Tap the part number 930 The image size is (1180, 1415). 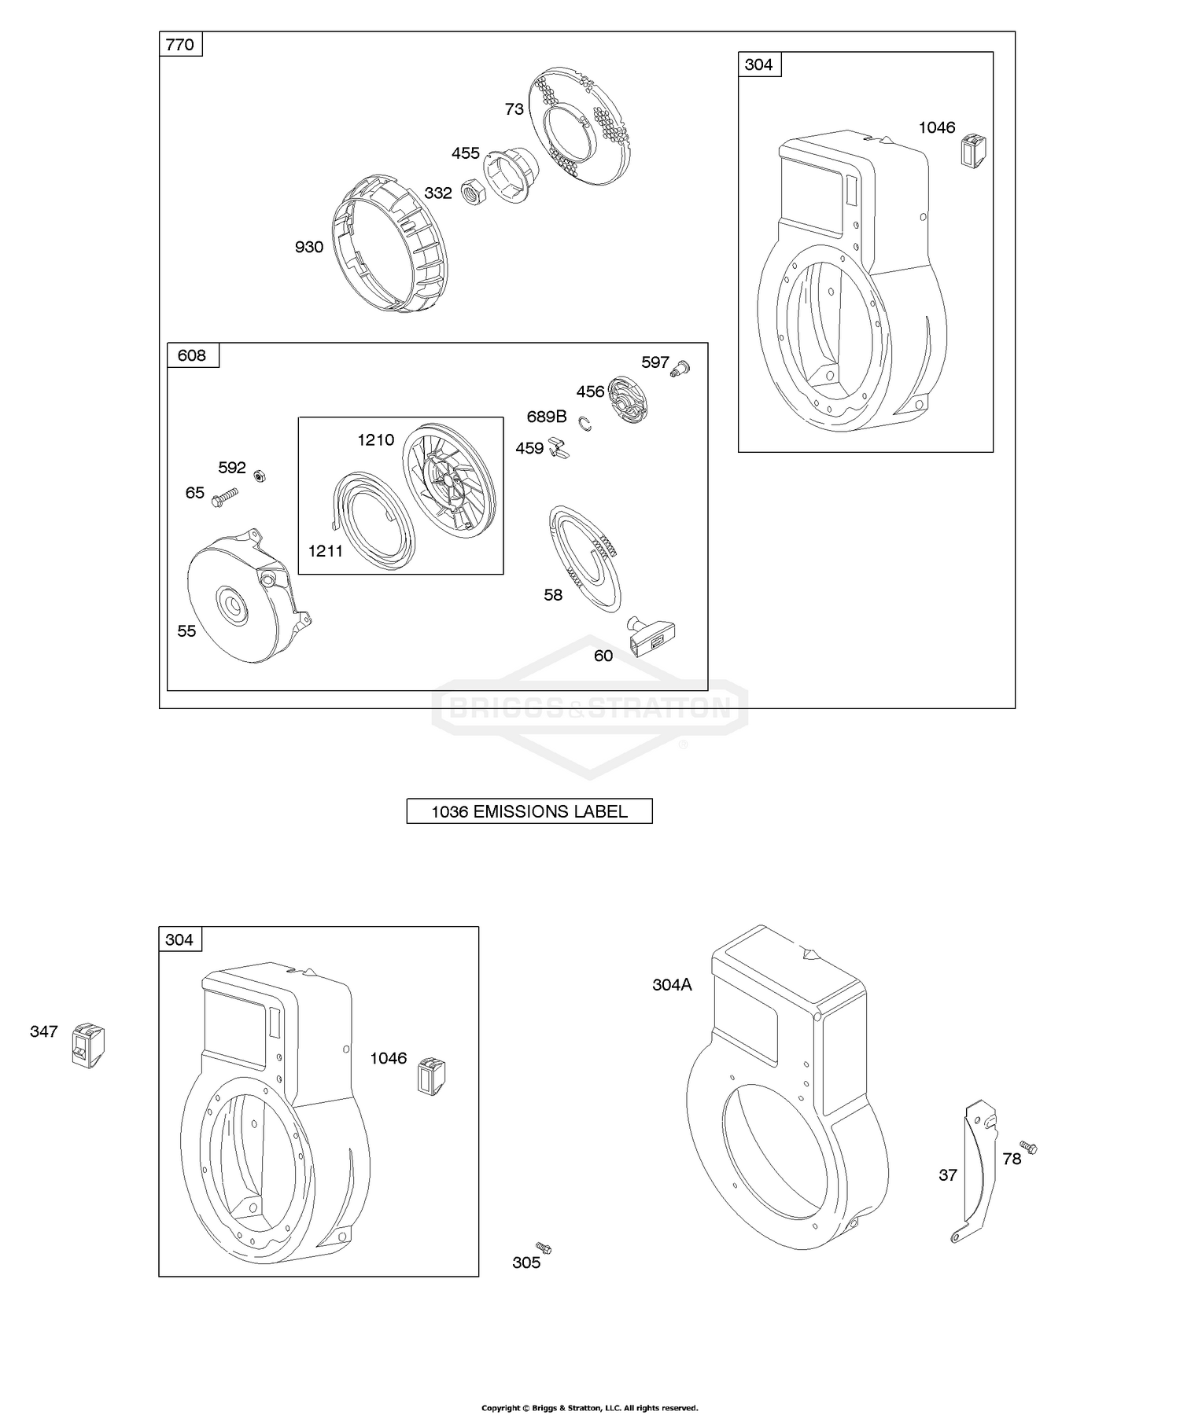pyautogui.click(x=308, y=247)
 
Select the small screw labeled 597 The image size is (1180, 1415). pyautogui.click(x=679, y=366)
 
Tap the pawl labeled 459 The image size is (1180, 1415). pyautogui.click(x=561, y=447)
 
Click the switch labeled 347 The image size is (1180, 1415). pyautogui.click(x=88, y=1045)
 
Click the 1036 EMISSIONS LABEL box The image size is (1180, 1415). pyautogui.click(x=529, y=811)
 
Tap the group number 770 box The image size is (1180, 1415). pyautogui.click(x=180, y=44)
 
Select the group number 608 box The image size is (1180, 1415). pyautogui.click(x=192, y=355)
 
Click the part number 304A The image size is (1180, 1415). pyautogui.click(x=672, y=984)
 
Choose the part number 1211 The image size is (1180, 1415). pyautogui.click(x=326, y=551)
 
